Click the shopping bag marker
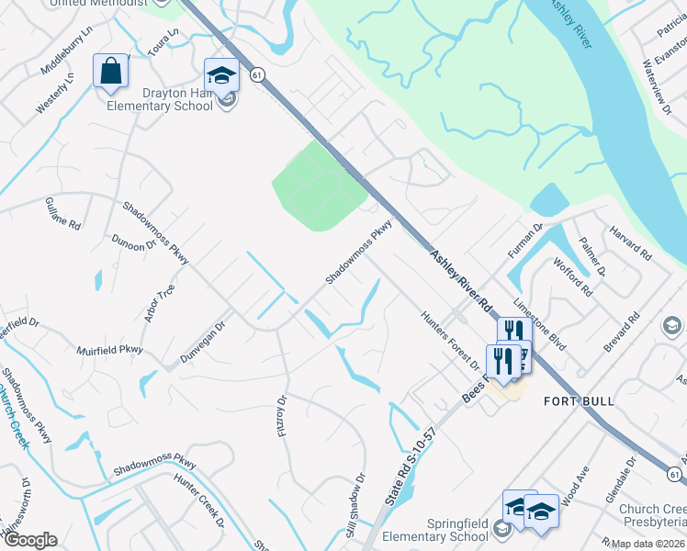110,72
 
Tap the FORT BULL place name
579,401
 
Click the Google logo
30,539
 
